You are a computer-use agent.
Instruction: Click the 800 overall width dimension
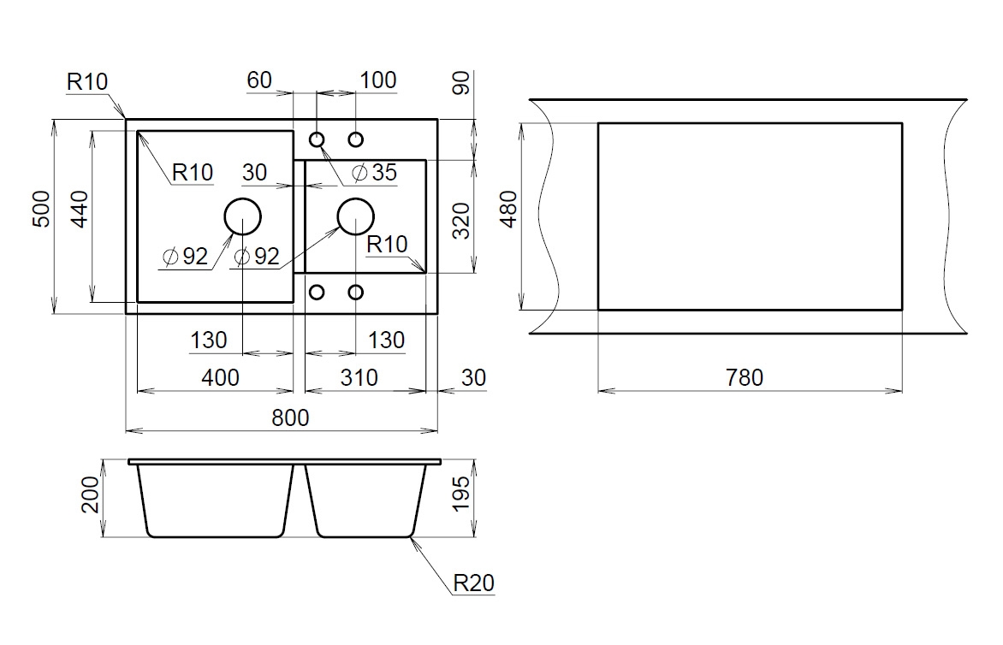[x=291, y=417]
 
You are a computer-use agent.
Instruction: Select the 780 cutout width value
[x=744, y=377]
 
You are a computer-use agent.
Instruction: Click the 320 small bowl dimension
[x=462, y=221]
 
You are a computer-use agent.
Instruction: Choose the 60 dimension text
[x=259, y=80]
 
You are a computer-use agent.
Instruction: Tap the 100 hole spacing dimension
[x=378, y=80]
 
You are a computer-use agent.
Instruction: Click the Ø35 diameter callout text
[x=375, y=173]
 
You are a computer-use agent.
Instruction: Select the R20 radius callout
[x=473, y=583]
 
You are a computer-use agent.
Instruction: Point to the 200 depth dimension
[x=92, y=495]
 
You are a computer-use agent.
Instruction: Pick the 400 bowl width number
[x=222, y=377]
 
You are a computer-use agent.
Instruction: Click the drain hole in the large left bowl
[x=242, y=216]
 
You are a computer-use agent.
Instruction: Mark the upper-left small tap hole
[x=317, y=139]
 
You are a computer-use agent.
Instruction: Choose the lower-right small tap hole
[x=355, y=293]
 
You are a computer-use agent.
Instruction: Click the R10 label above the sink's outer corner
[x=86, y=82]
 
